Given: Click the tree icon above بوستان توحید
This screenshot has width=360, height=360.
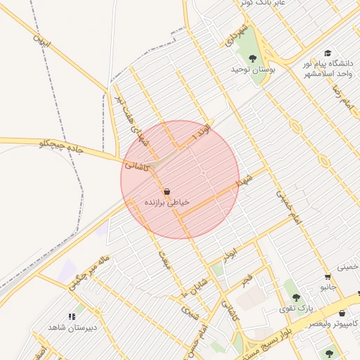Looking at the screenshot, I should [253, 58].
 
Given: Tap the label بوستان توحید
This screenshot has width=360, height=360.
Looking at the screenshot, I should [252, 70].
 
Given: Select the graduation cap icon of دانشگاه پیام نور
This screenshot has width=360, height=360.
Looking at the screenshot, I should [328, 53].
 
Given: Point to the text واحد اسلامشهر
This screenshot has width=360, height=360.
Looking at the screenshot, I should [325, 74].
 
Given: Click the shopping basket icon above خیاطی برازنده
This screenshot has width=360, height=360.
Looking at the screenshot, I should [167, 191].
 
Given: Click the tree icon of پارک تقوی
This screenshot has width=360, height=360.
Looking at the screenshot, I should [296, 297].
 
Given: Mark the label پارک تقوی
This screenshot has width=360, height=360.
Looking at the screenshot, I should [295, 309].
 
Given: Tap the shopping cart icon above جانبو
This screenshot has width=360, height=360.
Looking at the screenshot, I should [328, 276].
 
